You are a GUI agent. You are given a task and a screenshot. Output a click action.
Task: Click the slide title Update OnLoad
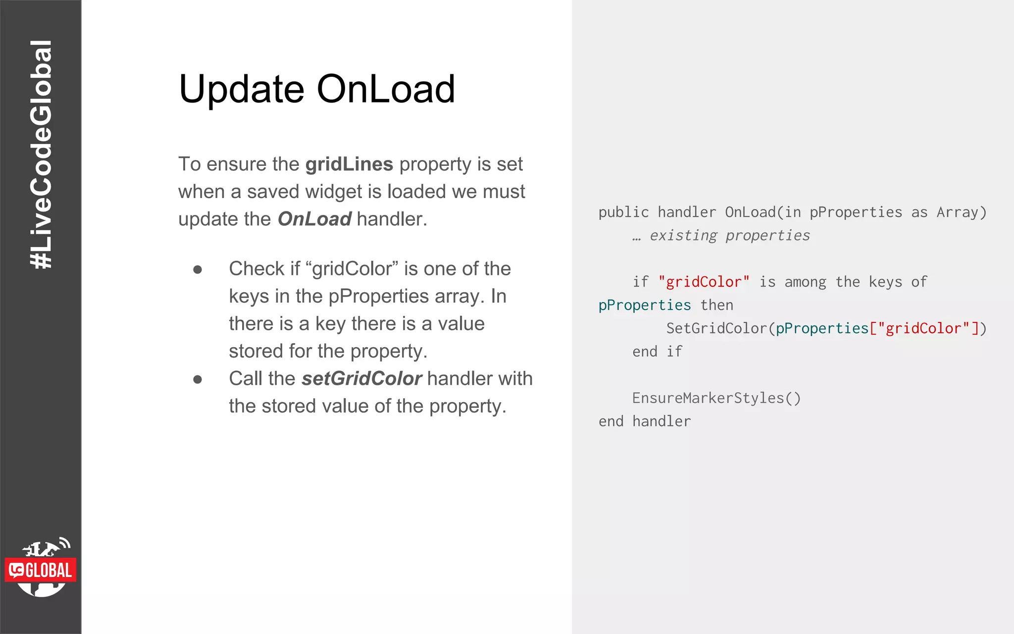[x=317, y=89]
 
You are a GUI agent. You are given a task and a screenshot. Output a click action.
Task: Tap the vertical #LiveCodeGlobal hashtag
[x=41, y=155]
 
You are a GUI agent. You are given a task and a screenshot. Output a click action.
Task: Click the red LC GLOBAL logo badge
[x=41, y=570]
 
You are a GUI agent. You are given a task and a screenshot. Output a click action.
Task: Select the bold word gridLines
[x=349, y=164]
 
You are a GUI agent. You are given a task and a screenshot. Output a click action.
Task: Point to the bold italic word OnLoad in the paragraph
[x=314, y=219]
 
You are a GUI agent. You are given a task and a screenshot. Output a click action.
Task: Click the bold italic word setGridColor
[x=361, y=379]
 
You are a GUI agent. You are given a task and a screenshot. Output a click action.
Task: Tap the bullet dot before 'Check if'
[x=198, y=269]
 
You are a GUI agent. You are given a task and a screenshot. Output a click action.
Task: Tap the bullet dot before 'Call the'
[x=198, y=379]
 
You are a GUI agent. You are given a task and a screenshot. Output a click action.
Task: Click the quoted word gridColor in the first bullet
[x=352, y=269]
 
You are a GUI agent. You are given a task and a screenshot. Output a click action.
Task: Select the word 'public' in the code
[x=623, y=212]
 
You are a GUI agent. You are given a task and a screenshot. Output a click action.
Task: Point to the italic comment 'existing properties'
[x=729, y=236]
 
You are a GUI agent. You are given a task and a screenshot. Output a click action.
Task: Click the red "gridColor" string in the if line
[x=704, y=282]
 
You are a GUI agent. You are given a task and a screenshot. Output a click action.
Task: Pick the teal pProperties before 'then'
[x=644, y=306]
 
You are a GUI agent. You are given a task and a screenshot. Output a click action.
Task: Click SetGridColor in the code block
[x=716, y=328]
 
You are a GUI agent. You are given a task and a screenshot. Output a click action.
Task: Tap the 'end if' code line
[x=657, y=352]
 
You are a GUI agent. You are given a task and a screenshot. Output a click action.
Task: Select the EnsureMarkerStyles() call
[x=716, y=398]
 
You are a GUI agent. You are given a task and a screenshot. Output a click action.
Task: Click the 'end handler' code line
[x=644, y=422]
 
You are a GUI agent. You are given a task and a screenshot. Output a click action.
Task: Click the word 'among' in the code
[x=805, y=282]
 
